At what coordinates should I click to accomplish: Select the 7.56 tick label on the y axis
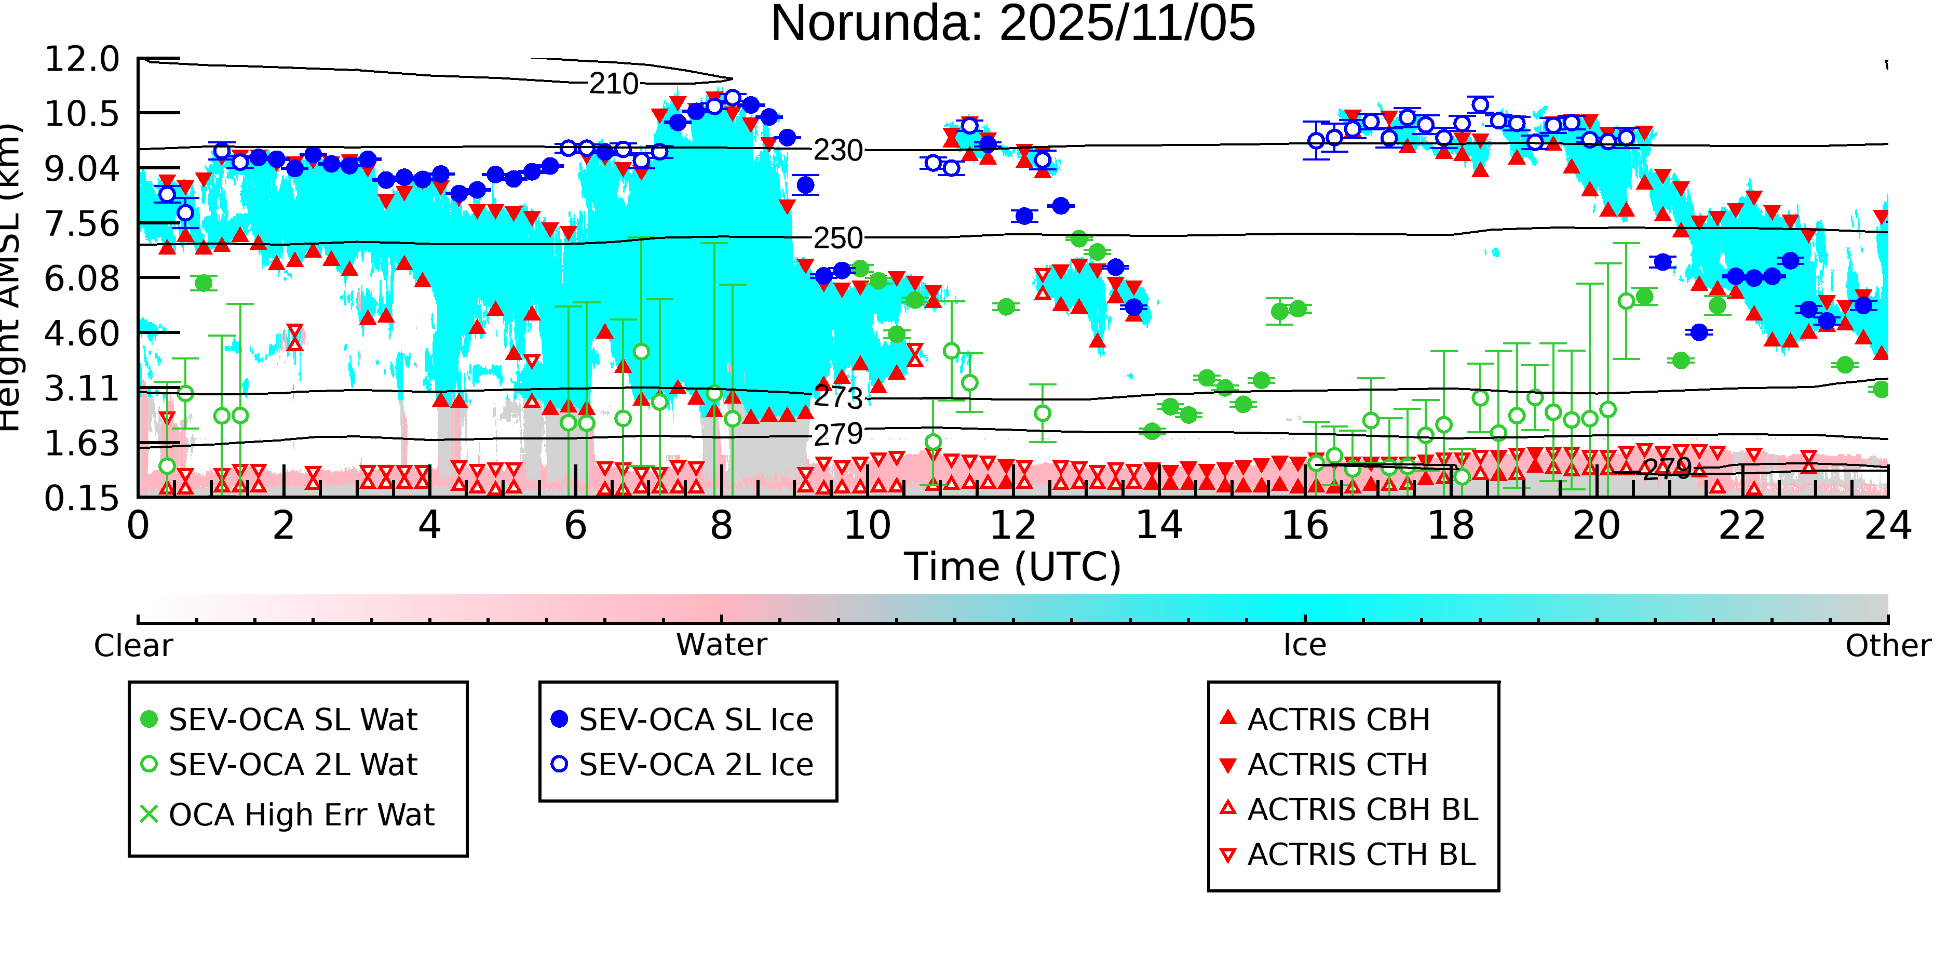tap(82, 224)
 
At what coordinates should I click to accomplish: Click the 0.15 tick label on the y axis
tap(82, 498)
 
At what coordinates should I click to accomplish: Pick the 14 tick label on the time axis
tap(1159, 526)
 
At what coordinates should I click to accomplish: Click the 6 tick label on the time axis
tap(575, 526)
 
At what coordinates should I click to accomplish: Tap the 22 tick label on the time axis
tap(1742, 526)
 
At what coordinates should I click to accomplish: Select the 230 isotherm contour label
tap(837, 151)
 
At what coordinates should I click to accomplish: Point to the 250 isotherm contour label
tap(837, 239)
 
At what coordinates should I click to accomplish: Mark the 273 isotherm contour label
tap(837, 397)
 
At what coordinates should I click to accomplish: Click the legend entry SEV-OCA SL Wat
tap(292, 719)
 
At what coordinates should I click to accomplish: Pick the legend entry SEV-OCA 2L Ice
tap(695, 765)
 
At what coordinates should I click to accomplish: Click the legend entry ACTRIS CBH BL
tap(1362, 809)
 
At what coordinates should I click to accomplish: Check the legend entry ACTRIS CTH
tap(1337, 765)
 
